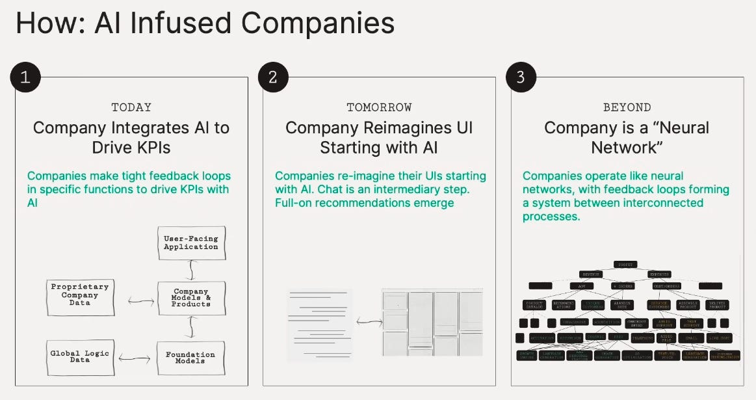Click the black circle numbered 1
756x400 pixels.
(x=25, y=77)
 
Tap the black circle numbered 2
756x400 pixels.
(x=273, y=77)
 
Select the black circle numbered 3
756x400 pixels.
(x=520, y=77)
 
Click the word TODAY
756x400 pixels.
(x=131, y=107)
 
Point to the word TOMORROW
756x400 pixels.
(x=379, y=107)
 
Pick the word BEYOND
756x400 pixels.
(x=627, y=107)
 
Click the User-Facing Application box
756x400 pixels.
(x=190, y=243)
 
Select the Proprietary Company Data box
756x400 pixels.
(x=80, y=294)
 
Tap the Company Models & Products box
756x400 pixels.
(x=191, y=298)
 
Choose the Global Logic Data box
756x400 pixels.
(x=80, y=356)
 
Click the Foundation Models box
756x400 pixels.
(x=190, y=358)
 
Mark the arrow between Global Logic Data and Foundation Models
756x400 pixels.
(x=135, y=358)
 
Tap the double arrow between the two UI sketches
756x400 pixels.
(x=367, y=321)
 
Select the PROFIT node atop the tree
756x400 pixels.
(x=627, y=265)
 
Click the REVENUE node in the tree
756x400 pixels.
(x=591, y=274)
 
